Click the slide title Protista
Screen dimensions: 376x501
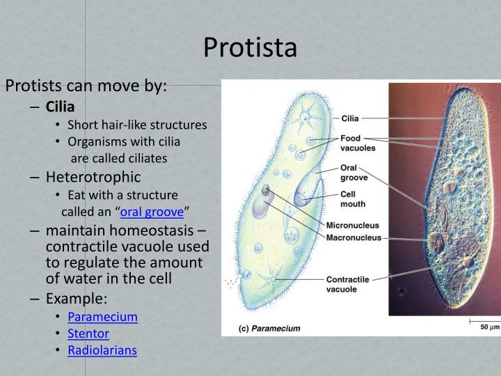(250, 47)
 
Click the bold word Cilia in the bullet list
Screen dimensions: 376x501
(60, 107)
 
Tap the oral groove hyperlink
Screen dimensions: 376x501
(152, 212)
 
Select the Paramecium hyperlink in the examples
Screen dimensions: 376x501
(102, 316)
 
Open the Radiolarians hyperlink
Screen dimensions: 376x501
(102, 350)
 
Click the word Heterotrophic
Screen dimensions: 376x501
(93, 177)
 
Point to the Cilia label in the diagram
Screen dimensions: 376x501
(350, 118)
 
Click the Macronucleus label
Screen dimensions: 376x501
(354, 237)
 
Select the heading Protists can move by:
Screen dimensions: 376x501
(86, 86)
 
